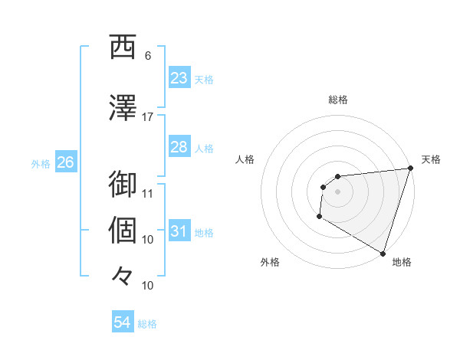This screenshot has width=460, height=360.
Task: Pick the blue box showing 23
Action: click(x=179, y=78)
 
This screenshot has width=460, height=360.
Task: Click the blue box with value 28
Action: click(x=179, y=147)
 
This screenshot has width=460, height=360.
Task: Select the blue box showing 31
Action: click(x=179, y=231)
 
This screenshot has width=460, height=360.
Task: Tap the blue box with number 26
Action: click(x=65, y=162)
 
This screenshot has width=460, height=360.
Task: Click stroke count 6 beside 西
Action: click(x=148, y=56)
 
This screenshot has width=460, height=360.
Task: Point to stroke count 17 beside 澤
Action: click(x=148, y=117)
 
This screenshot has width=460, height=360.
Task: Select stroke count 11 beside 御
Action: click(x=148, y=194)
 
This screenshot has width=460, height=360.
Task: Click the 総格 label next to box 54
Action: click(x=147, y=324)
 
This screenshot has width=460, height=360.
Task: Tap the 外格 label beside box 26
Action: click(x=41, y=163)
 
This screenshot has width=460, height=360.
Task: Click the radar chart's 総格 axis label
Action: click(x=338, y=100)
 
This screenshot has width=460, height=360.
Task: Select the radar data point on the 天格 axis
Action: click(x=410, y=169)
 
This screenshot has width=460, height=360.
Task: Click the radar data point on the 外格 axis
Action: click(x=319, y=218)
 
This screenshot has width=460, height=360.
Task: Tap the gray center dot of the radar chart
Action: click(x=337, y=191)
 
